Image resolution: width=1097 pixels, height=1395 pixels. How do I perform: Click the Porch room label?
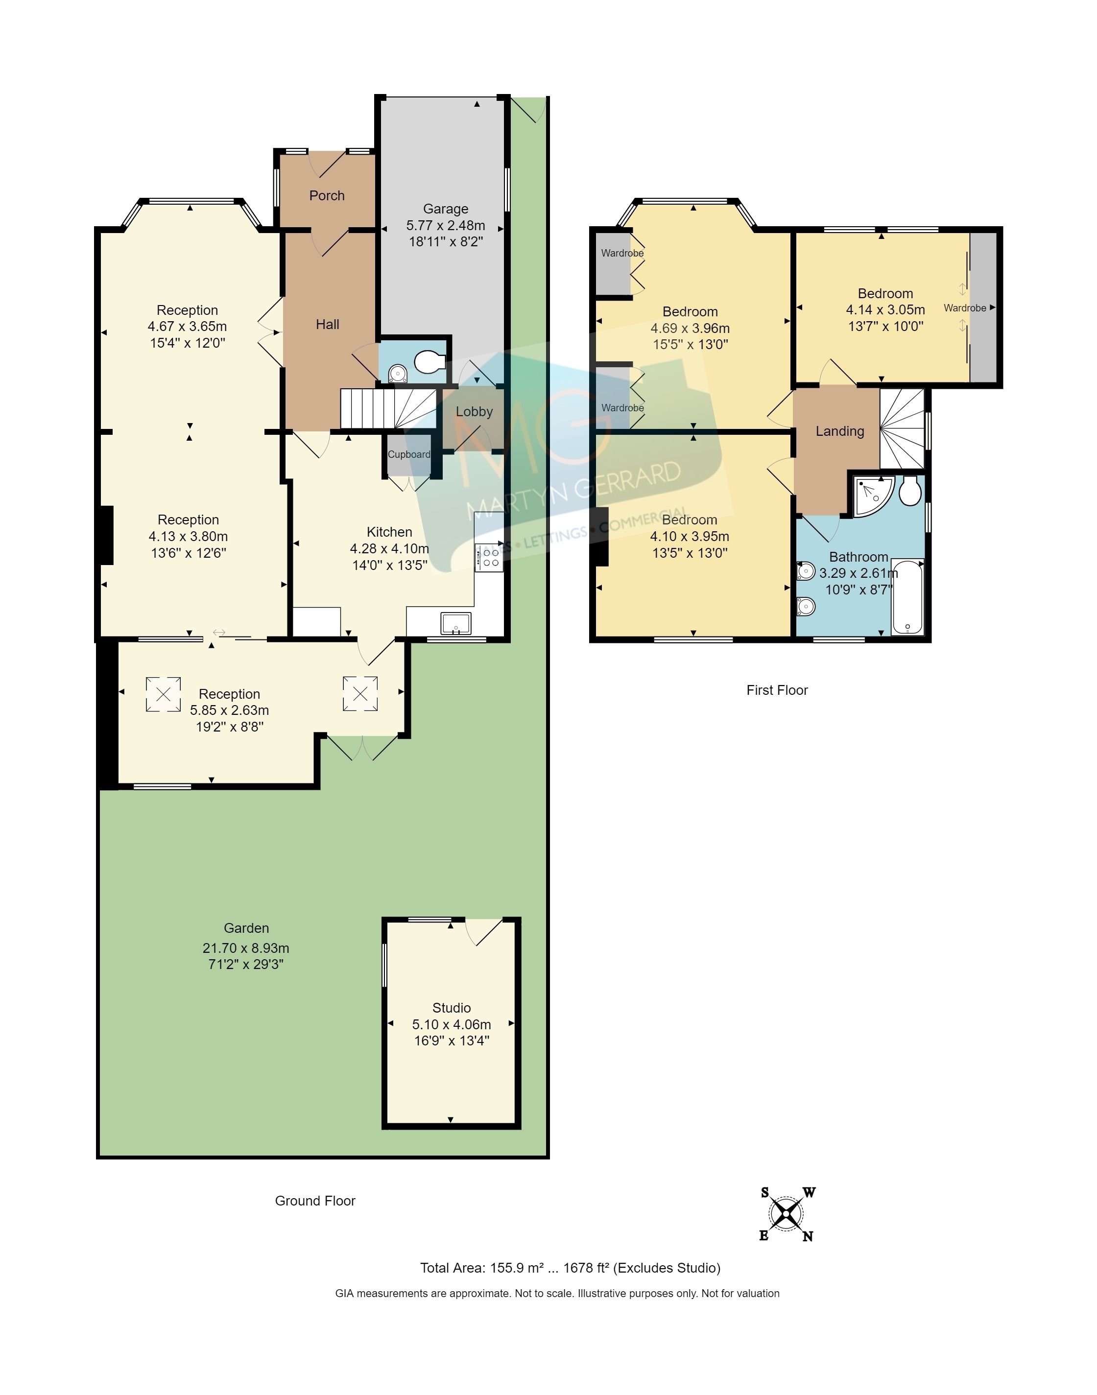327,196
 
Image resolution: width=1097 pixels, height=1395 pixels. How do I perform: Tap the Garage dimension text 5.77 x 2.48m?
446,225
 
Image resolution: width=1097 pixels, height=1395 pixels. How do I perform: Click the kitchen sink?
456,623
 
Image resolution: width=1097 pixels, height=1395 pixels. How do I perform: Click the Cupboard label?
409,455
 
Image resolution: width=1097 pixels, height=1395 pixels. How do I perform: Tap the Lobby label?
474,412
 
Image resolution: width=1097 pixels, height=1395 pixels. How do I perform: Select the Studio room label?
452,1008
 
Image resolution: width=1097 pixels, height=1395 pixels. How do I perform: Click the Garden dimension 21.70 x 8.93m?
246,948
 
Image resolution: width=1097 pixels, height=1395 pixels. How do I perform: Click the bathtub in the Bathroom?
907,598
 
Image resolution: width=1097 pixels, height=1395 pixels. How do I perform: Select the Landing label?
840,431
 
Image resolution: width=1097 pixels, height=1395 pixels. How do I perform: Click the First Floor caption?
777,690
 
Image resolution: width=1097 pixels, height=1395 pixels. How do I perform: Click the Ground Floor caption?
315,1201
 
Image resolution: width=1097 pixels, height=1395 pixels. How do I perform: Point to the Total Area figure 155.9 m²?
517,1268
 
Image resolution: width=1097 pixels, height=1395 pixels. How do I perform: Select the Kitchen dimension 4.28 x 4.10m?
389,549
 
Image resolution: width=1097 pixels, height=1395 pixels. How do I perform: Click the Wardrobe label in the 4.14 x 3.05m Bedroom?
965,308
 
